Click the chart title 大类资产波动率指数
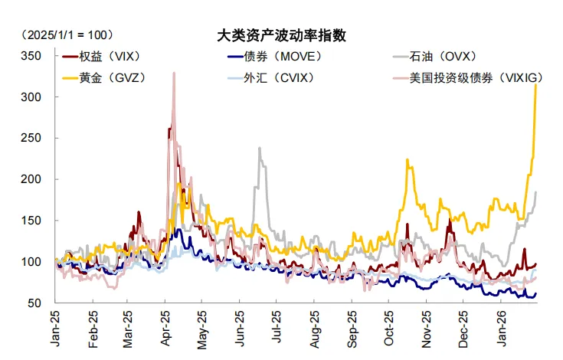tap(281, 35)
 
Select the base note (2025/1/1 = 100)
tap(67, 35)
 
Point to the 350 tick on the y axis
tap(30, 57)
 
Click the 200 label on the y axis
tap(30, 179)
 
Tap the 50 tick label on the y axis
tap(33, 303)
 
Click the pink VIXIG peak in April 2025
tap(174, 74)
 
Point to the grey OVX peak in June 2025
tap(260, 149)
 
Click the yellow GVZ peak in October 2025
tap(408, 160)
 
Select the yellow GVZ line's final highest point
tap(535, 85)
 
